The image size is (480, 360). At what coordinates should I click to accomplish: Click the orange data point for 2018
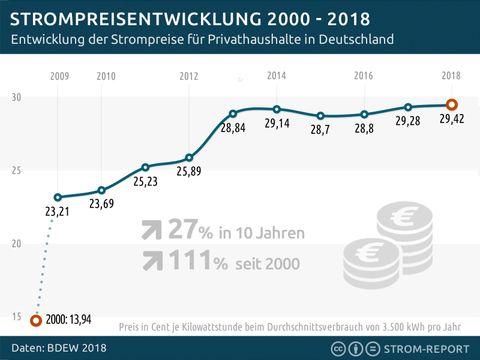click(452, 104)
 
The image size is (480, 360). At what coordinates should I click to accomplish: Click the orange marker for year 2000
click(36, 321)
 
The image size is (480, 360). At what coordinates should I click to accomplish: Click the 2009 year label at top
click(58, 76)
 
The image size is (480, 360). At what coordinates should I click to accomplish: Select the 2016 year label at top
click(364, 76)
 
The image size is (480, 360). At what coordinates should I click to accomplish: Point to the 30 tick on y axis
click(17, 97)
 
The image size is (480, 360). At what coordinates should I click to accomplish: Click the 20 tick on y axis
click(17, 244)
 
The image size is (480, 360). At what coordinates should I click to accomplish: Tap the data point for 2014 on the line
click(277, 109)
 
